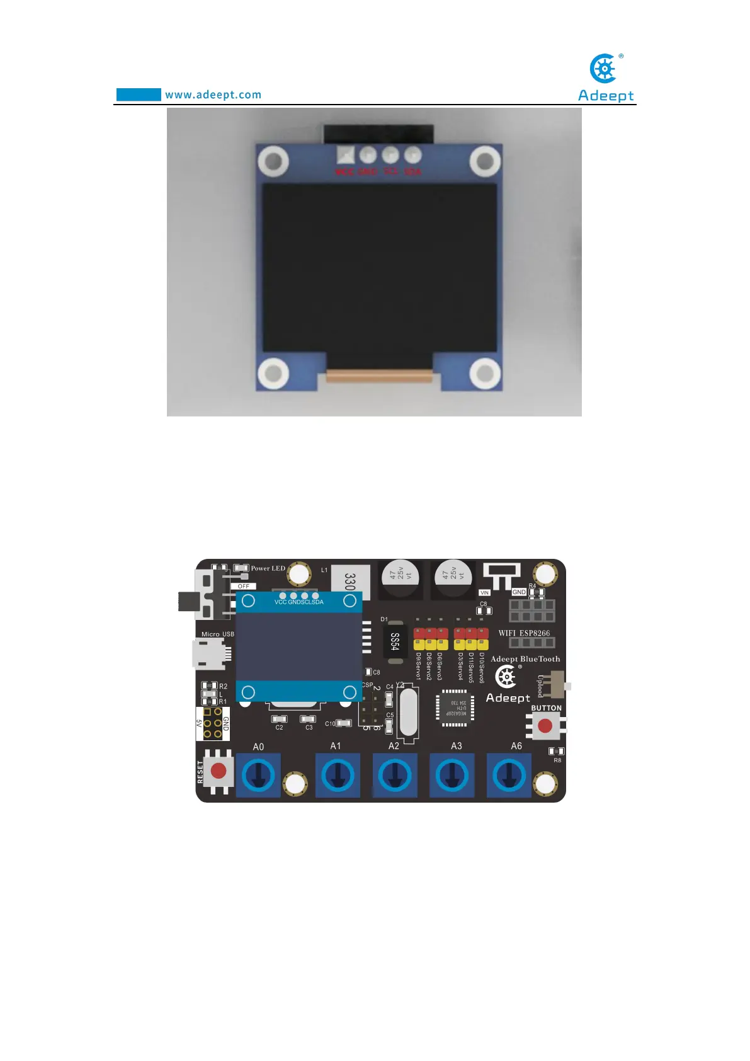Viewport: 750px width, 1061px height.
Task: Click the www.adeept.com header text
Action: point(213,95)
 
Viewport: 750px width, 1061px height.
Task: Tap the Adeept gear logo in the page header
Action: point(604,69)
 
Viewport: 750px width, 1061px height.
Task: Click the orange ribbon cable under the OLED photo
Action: point(379,376)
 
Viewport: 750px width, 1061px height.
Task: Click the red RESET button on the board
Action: point(219,771)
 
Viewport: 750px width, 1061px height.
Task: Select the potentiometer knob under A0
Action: point(258,776)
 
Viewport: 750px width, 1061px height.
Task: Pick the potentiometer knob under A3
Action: point(452,776)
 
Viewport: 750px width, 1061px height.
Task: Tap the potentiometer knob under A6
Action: point(509,776)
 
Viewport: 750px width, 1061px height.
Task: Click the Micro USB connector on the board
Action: point(208,653)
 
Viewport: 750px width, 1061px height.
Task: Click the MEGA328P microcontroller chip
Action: point(455,708)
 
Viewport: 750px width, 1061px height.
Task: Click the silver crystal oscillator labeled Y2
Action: point(408,712)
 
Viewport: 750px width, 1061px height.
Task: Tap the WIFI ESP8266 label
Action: point(524,633)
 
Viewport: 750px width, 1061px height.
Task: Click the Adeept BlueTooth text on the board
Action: point(525,659)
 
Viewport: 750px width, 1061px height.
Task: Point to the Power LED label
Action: point(268,568)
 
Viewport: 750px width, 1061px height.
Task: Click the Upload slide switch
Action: point(557,685)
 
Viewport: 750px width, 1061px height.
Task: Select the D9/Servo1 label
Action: point(418,667)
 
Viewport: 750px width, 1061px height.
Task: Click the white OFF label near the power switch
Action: point(243,586)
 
